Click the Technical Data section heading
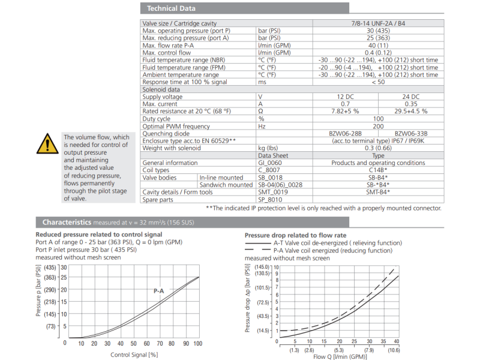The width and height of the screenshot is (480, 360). [171, 8]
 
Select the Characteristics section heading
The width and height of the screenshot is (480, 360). [67, 222]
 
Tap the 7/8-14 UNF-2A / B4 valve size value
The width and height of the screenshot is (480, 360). [378, 23]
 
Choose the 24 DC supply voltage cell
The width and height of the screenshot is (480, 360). [411, 97]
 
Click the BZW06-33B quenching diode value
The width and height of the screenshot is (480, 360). [410, 133]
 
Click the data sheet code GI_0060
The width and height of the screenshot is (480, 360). [270, 163]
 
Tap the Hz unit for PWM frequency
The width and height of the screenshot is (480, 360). [262, 126]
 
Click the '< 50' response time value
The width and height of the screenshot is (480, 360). [378, 82]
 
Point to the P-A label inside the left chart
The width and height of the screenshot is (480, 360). [159, 291]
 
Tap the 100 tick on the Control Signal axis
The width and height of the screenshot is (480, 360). [197, 344]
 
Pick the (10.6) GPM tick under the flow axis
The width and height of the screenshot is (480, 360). [394, 350]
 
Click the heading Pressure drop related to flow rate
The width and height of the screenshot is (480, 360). [296, 235]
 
